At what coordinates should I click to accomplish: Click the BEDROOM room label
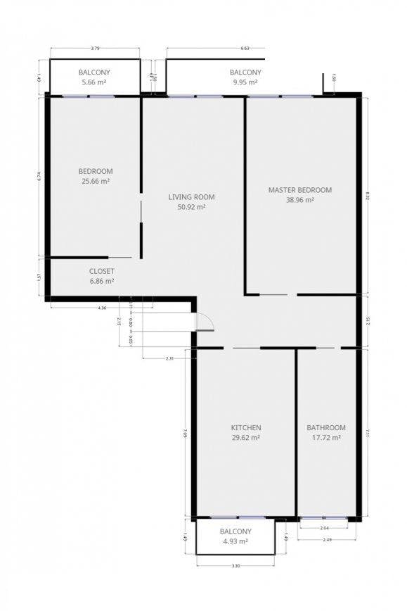96,171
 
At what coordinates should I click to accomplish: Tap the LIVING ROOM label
191,197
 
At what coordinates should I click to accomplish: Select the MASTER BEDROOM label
300,190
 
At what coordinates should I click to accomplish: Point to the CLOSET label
102,271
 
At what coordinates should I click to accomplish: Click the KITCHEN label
246,428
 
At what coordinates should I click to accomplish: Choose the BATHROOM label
326,428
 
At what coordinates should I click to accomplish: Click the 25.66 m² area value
96,181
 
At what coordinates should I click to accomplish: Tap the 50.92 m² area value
191,207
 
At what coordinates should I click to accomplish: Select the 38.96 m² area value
300,200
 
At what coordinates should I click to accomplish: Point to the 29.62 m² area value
246,438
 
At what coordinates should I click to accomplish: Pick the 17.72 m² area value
326,438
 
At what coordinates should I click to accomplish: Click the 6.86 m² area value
102,281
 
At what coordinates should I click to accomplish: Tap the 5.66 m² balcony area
93,82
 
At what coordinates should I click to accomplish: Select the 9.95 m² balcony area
245,82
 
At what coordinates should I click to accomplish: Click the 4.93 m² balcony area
235,541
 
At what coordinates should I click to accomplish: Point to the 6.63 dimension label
245,49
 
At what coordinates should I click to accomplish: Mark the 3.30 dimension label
235,566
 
